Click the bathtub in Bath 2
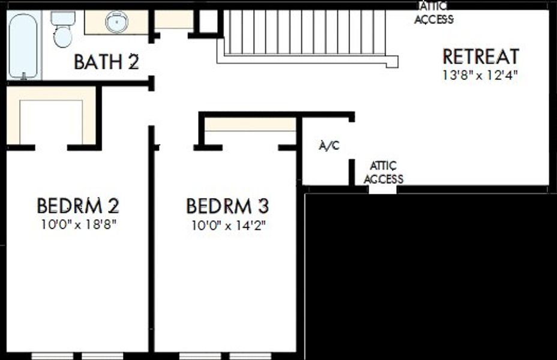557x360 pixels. pos(23,46)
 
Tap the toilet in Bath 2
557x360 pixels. pos(63,29)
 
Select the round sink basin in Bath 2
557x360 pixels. pos(116,22)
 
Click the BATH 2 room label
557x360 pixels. pos(106,62)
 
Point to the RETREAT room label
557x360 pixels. pos(481,56)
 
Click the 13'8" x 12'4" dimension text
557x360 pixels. pos(480,75)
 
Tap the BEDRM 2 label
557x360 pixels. pos(78,206)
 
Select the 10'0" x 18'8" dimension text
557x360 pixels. pos(79,224)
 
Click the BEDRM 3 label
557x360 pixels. pos(227,206)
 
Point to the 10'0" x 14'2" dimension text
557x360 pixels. pos(229,225)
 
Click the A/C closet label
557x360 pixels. pos(329,146)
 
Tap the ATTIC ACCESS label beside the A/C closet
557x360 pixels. pos(384,173)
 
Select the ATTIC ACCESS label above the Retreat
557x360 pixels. pos(434,13)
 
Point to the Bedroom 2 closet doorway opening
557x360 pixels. pos(51,148)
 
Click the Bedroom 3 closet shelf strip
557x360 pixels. pos(250,124)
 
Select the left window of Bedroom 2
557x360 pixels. pos(53,356)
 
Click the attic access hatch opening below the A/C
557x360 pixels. pos(382,190)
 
